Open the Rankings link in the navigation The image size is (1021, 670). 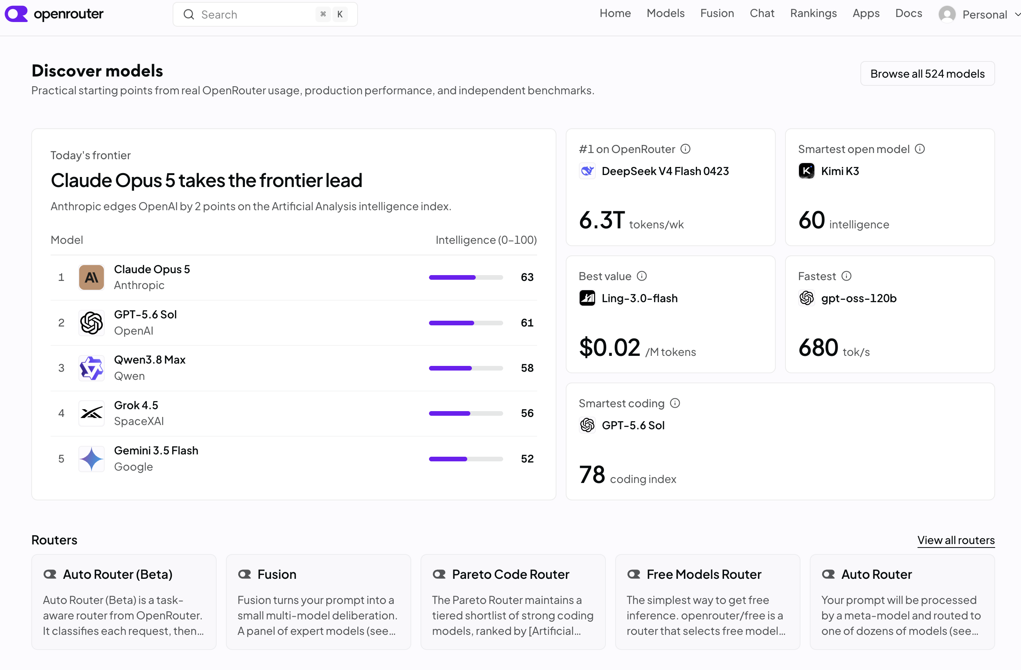pos(813,13)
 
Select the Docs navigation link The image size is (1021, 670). pos(909,13)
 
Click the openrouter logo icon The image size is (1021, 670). pos(16,14)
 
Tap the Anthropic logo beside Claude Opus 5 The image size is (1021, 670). pos(92,277)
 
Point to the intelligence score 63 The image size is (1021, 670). pos(527,277)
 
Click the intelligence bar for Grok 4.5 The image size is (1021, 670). pos(466,413)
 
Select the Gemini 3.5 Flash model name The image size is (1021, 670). pos(156,450)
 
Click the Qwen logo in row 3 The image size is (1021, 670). pos(92,368)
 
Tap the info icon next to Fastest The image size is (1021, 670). pos(846,276)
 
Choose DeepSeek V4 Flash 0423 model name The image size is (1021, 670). pos(665,171)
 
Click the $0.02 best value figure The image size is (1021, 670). pos(610,347)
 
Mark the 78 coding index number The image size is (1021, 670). pos(592,475)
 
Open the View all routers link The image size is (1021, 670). pos(956,540)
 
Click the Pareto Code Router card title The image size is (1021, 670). pos(510,574)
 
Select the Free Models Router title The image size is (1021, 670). pos(704,574)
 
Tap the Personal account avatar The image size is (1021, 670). pos(947,15)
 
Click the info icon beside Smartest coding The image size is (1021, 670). pos(675,403)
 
